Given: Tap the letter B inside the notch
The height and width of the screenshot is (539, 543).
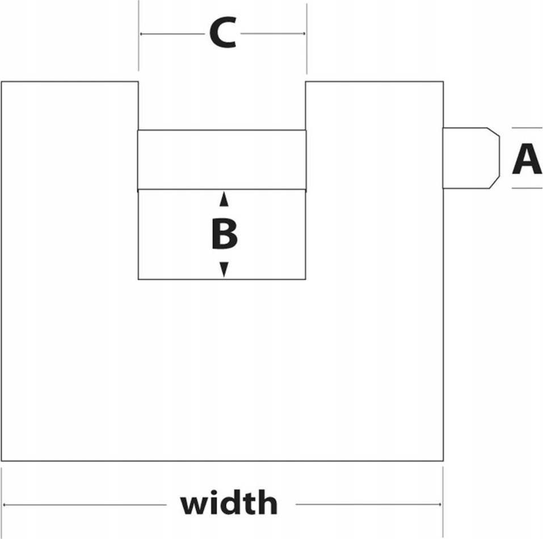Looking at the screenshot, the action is pos(224,233).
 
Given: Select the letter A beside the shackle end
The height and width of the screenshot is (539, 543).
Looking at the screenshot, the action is pos(527,159).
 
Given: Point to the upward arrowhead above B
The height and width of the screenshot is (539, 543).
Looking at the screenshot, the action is pos(224,199).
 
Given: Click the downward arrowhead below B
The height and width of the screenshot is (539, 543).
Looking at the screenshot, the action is pos(224,269).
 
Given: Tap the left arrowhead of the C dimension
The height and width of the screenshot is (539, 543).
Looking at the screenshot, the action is pos(141,34).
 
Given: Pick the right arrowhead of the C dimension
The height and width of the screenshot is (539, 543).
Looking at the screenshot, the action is pos(304,34).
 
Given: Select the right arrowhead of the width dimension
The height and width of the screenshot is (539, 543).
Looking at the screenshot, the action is pos(440,504).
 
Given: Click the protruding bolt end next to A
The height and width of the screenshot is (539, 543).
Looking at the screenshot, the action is pos(471,158).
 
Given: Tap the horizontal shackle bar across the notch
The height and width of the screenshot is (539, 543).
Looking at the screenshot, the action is pos(222,160).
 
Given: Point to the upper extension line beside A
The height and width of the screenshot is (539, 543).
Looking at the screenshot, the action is pos(527,128).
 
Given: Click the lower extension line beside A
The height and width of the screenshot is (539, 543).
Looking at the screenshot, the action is pos(527,188).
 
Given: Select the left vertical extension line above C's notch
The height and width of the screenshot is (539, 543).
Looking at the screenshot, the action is pos(138,35).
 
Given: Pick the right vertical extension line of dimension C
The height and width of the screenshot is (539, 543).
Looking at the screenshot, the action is pos(306,39).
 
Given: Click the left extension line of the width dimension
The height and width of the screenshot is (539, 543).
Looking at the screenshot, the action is pos(2,503).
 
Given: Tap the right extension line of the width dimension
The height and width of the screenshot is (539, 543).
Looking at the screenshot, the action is pos(443,502).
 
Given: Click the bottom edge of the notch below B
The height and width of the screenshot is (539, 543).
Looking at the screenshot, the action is pos(222,279).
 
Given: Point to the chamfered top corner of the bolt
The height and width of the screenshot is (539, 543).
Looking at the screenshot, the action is pos(494,132).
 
